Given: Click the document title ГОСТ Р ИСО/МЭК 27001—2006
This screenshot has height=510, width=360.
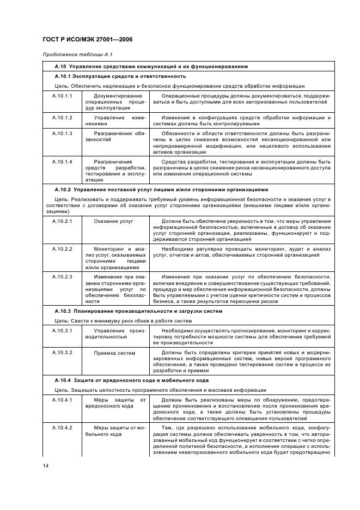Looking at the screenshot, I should click(88, 40).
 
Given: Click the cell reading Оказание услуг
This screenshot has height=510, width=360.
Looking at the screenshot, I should click(113, 221).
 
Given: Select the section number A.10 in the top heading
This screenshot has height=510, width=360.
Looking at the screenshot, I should click(61, 66).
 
